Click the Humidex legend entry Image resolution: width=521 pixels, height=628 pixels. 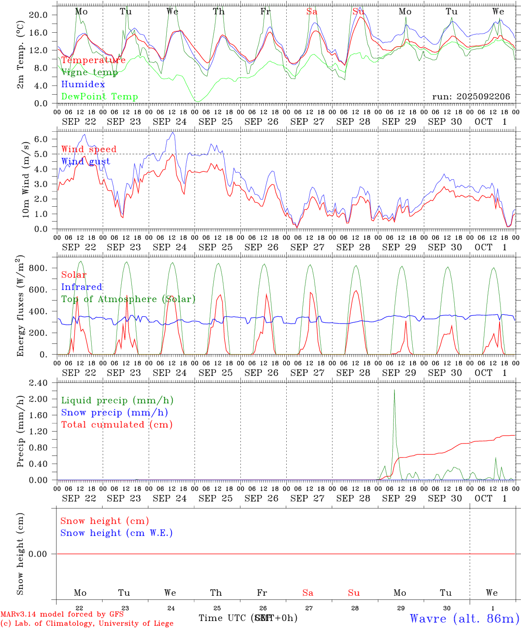click(x=83, y=84)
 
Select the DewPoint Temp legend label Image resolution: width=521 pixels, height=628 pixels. click(x=99, y=96)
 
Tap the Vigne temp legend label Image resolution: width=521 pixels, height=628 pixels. click(x=89, y=72)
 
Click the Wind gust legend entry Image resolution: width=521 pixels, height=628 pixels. click(x=86, y=161)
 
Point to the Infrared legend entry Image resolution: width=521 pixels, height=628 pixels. click(x=82, y=287)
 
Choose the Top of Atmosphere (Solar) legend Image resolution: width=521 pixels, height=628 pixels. click(x=128, y=299)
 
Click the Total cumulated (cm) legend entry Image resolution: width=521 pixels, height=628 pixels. click(x=117, y=424)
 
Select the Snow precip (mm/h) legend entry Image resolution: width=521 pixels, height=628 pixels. click(x=114, y=413)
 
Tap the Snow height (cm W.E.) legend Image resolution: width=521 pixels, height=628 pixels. click(x=117, y=533)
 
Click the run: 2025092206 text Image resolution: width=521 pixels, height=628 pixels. click(x=471, y=96)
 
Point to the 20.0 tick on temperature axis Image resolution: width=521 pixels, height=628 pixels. click(x=38, y=15)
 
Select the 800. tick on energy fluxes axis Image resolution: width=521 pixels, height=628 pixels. click(x=38, y=268)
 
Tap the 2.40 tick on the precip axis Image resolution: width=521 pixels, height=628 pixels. click(x=38, y=383)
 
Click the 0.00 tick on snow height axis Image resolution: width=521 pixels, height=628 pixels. click(x=38, y=554)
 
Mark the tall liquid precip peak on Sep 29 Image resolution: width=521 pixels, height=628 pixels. click(x=394, y=390)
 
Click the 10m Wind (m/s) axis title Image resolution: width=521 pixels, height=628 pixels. click(x=26, y=179)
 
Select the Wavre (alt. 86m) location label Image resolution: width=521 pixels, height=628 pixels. click(x=464, y=618)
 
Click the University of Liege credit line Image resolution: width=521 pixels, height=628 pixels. click(x=87, y=623)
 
